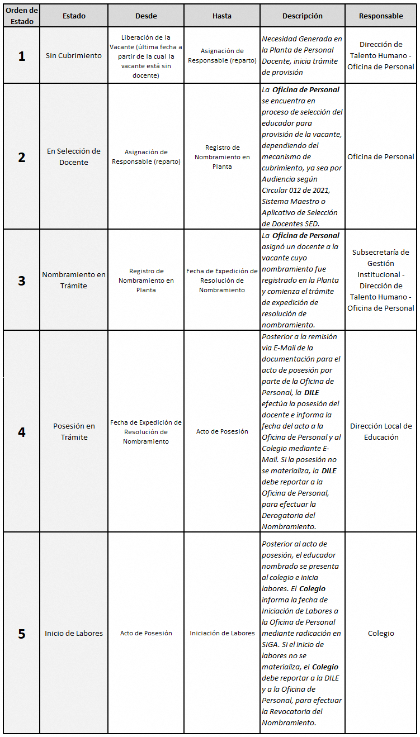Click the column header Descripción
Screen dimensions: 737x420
pos(302,16)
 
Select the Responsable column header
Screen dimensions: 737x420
pos(381,16)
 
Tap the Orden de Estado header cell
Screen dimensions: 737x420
pos(21,16)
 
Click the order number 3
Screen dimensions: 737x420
pos(21,280)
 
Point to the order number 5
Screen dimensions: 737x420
pos(21,634)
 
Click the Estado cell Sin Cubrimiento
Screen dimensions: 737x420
pos(74,56)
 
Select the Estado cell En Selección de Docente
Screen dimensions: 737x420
pos(74,156)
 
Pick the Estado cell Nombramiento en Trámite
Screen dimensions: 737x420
pos(74,280)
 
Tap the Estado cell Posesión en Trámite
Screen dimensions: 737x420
pos(74,431)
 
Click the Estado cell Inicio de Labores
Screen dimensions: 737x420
pos(74,633)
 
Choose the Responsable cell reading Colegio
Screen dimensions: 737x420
pos(381,633)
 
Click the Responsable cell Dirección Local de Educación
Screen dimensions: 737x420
pos(381,431)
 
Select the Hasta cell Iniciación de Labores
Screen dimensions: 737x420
pos(222,633)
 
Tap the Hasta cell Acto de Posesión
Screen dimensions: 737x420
pos(222,431)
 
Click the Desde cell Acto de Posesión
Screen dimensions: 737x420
pos(146,633)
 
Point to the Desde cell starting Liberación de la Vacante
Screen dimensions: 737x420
pos(146,56)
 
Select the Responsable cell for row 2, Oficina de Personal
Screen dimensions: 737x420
pos(381,156)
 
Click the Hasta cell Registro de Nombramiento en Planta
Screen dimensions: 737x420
pos(222,157)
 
